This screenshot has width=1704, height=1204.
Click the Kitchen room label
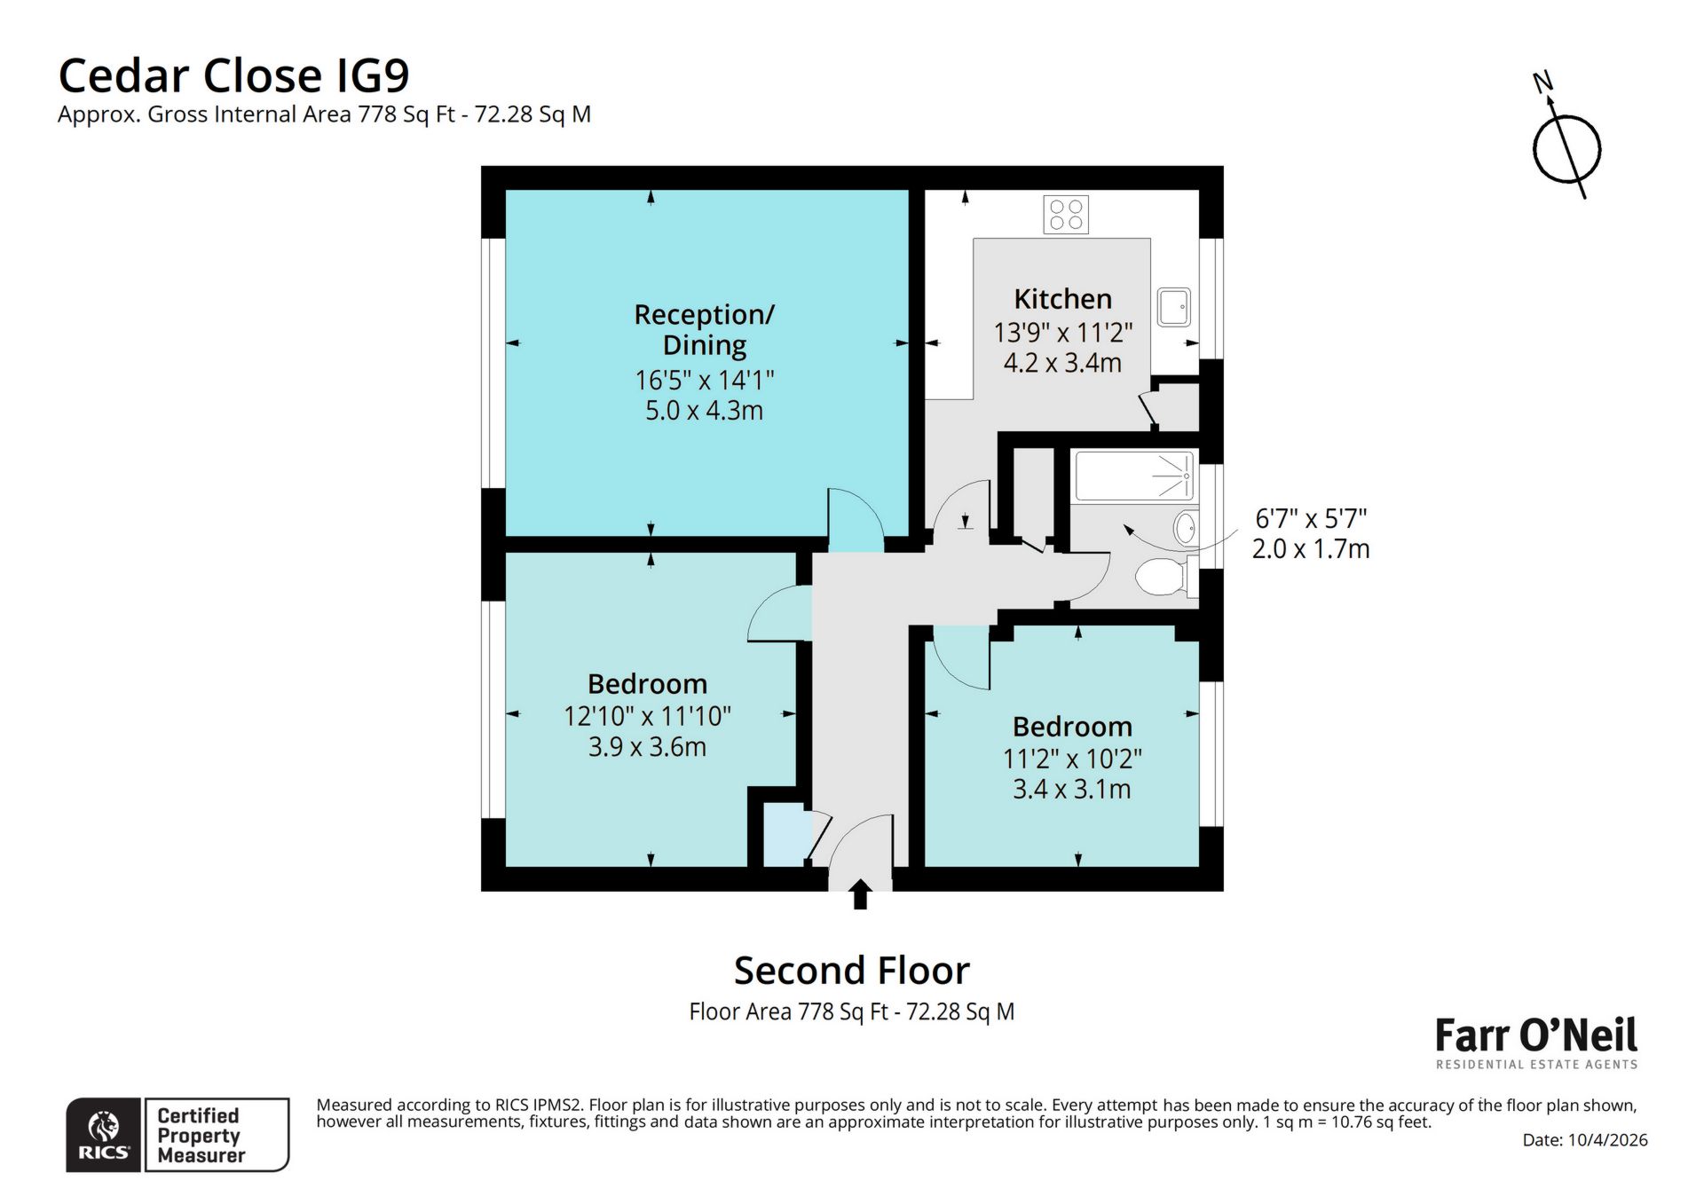pos(1062,299)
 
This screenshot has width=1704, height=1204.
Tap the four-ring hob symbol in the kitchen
pos(1066,215)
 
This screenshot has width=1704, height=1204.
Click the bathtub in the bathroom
pos(1133,476)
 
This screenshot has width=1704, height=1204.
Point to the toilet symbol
pos(1161,577)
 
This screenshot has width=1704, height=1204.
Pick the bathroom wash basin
pos(1185,528)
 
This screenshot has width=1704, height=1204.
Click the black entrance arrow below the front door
pos(859,894)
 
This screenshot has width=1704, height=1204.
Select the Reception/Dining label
pos(704,329)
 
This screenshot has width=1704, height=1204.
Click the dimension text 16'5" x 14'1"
pos(704,381)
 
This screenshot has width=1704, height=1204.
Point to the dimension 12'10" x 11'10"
pos(647,716)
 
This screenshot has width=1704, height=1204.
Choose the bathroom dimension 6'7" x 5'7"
pos(1310,518)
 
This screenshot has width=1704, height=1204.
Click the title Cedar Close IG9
pos(233,75)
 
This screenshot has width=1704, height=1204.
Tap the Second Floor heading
pos(851,971)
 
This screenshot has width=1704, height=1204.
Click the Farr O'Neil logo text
pos(1536,1035)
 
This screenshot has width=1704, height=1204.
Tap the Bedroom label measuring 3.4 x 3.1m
pos(1072,727)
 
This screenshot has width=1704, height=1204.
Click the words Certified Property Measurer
pos(199,1135)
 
